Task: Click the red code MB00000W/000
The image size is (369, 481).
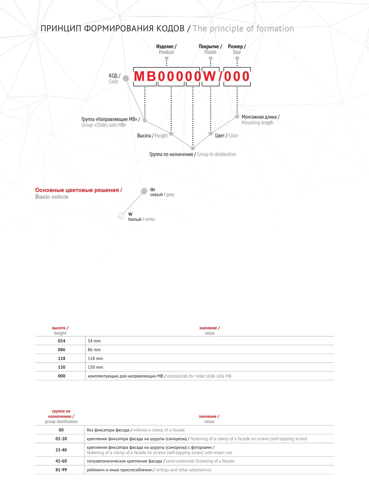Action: coord(192,76)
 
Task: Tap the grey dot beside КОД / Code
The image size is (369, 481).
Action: coord(126,78)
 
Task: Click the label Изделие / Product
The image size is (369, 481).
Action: coord(166,49)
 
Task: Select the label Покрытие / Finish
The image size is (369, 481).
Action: coord(210,49)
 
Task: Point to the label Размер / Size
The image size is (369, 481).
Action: coord(237,49)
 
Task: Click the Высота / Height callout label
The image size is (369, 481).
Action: coord(152,136)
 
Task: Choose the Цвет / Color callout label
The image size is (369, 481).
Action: coord(227,136)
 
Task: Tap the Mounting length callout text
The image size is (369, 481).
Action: coord(257,123)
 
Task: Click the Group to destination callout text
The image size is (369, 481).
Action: coord(217,154)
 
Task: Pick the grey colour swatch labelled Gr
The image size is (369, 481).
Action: coord(144,191)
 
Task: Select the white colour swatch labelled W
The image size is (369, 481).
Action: coord(121,216)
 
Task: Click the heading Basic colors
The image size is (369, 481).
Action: coord(52,197)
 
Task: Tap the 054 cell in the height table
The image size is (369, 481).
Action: coord(61,341)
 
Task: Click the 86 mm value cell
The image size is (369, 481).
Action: coord(94,350)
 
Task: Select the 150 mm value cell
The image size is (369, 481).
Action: coord(95,367)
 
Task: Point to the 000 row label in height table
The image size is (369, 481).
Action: coord(61,376)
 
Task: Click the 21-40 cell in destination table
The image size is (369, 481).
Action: coord(61,450)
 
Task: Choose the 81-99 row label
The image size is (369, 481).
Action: coord(61,470)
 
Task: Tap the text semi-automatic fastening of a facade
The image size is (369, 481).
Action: coord(200,461)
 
